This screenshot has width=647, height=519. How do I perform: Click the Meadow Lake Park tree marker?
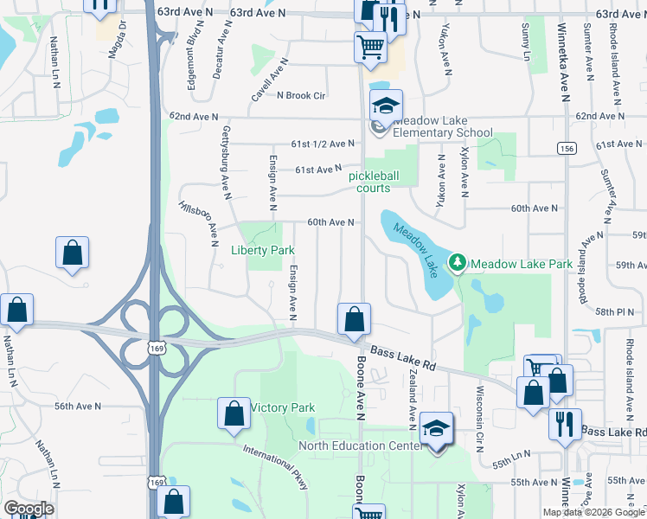(457, 262)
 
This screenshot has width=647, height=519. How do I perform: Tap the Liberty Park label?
(263, 250)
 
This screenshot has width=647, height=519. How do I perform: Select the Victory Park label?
(282, 407)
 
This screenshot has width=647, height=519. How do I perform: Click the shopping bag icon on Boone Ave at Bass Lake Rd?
(354, 320)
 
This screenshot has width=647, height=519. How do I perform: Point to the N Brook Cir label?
(300, 95)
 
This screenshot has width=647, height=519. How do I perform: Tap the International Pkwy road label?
(276, 466)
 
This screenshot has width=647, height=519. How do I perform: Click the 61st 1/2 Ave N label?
(323, 144)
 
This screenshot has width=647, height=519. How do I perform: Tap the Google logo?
(29, 509)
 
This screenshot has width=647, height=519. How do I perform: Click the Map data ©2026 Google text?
(594, 512)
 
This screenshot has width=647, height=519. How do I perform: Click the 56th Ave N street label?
(77, 406)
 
